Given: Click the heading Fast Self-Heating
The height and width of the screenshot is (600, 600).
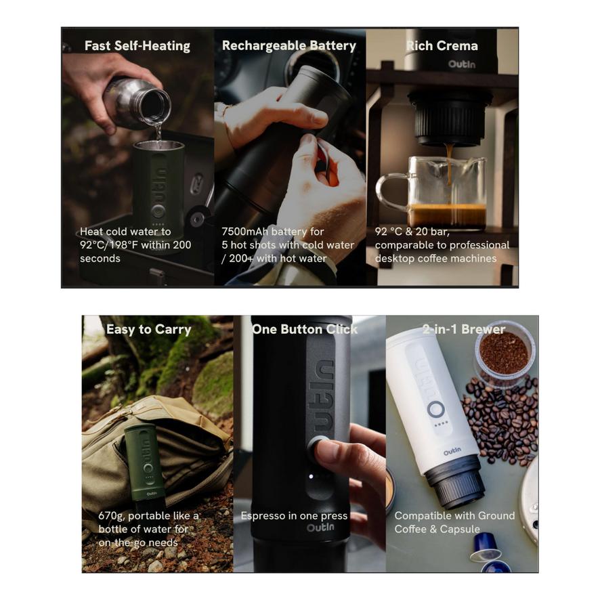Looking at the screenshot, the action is click(x=137, y=46).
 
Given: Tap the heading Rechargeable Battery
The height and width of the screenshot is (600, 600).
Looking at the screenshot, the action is click(x=289, y=46).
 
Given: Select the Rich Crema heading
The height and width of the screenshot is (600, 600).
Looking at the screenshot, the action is click(x=442, y=46).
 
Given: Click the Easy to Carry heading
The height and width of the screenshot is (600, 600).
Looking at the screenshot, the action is click(x=149, y=330).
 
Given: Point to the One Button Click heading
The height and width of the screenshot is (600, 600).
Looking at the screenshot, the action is click(x=305, y=330).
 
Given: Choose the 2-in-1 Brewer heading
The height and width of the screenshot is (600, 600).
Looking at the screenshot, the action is click(x=464, y=329).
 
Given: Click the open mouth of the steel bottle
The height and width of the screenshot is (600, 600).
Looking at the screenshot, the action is click(x=155, y=104).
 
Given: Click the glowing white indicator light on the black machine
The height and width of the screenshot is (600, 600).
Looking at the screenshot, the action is click(x=311, y=476).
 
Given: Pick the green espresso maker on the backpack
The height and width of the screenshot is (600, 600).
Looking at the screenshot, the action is click(x=145, y=465).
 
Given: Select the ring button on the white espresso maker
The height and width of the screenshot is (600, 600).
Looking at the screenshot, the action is click(x=436, y=410).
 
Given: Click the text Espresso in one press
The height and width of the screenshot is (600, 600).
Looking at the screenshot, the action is click(x=294, y=516).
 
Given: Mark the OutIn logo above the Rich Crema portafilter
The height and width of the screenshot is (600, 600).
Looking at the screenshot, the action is click(x=461, y=64).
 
